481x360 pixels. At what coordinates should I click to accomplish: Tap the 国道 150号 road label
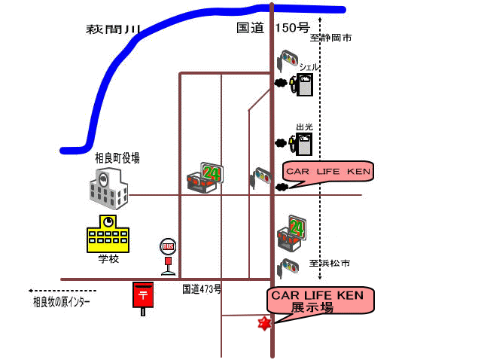click(272, 29)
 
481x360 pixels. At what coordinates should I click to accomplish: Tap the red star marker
click(264, 324)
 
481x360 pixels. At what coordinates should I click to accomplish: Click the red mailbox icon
click(142, 294)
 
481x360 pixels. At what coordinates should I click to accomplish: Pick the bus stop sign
click(168, 255)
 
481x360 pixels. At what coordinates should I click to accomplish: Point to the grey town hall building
click(108, 188)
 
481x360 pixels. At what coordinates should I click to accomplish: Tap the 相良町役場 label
click(117, 158)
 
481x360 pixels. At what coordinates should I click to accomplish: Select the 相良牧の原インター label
click(62, 302)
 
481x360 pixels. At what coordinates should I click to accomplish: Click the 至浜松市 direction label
click(330, 264)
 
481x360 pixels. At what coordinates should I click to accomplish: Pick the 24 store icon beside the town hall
click(205, 177)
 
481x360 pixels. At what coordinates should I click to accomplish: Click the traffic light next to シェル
click(288, 58)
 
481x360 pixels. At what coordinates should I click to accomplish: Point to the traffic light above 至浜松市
click(288, 267)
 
